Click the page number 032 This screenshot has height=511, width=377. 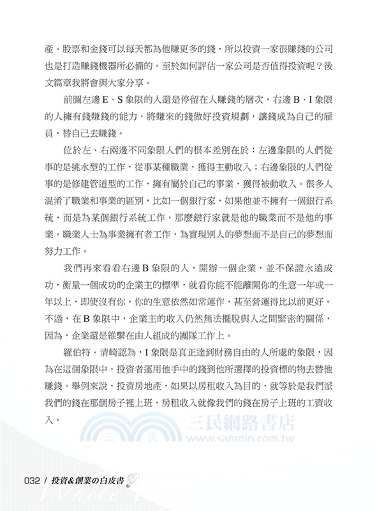click(31, 481)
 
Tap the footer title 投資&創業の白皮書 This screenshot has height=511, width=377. click(86, 481)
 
